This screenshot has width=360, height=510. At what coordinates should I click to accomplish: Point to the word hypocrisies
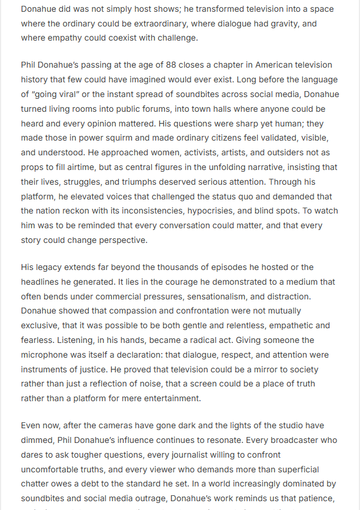[220, 211]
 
